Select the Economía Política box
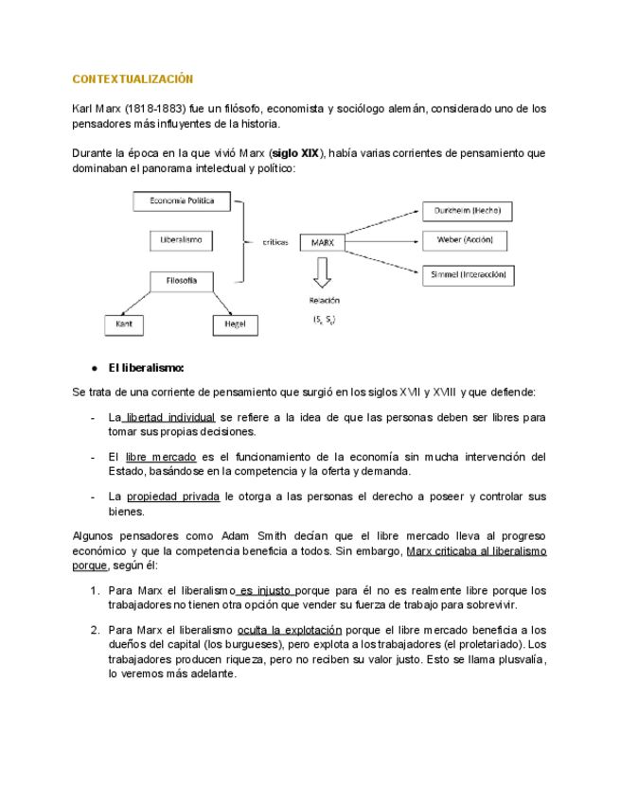pos(181,200)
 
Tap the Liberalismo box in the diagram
pos(181,241)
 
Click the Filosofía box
pos(181,281)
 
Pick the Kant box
pos(124,324)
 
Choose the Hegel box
pos(236,324)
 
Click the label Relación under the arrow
pos(323,300)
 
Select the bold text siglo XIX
pos(296,153)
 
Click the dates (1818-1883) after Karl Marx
pos(153,109)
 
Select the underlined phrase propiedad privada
pos(175,496)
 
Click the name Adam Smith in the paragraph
pos(254,534)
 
